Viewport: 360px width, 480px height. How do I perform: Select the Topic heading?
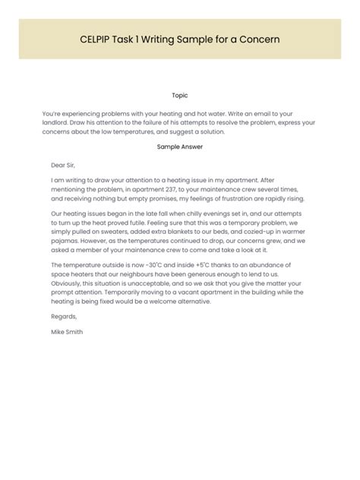180,96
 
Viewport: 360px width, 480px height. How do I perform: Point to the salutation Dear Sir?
64,164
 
